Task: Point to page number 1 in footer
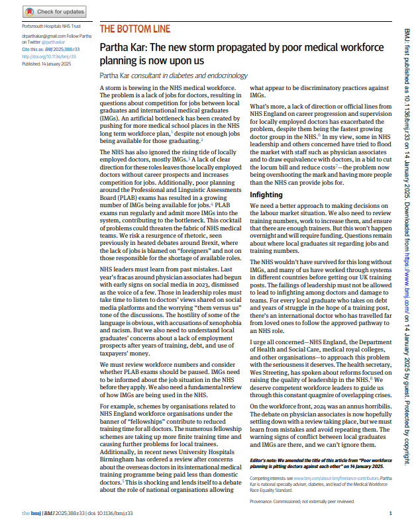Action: pyautogui.click(x=390, y=513)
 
